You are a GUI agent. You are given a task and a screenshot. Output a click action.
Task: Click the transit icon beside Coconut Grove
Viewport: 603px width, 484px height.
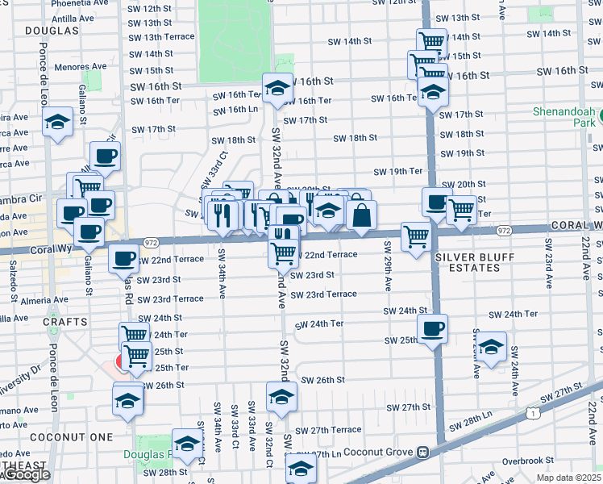point(422,453)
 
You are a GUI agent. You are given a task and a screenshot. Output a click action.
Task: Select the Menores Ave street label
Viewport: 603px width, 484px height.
point(84,66)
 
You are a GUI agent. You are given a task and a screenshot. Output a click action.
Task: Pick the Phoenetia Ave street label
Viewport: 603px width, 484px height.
point(81,3)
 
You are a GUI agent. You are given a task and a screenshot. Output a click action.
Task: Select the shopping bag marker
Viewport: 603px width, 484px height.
point(362,214)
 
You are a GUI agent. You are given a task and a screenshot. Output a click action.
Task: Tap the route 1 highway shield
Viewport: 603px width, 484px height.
point(533,412)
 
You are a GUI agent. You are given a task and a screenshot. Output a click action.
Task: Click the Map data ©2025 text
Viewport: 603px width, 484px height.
point(569,478)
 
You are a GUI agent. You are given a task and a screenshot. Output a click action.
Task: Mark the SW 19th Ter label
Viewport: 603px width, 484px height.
point(398,171)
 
